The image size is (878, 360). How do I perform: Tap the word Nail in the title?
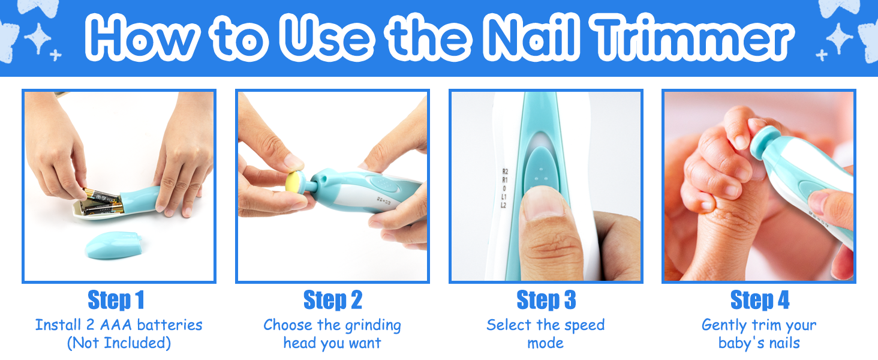pyautogui.click(x=531, y=37)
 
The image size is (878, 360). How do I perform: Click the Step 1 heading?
pyautogui.click(x=116, y=301)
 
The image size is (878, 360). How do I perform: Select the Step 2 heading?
pyautogui.click(x=333, y=301)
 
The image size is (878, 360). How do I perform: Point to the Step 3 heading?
pyautogui.click(x=546, y=301)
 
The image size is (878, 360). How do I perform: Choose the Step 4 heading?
pyautogui.click(x=760, y=301)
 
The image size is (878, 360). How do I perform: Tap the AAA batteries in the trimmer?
pyautogui.click(x=102, y=202)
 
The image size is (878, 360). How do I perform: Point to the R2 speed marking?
pyautogui.click(x=505, y=172)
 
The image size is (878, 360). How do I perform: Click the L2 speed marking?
pyautogui.click(x=504, y=205)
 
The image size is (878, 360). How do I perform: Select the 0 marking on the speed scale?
pyautogui.click(x=504, y=188)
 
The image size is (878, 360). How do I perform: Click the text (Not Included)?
pyautogui.click(x=119, y=343)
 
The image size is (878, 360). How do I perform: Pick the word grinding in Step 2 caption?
pyautogui.click(x=373, y=325)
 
